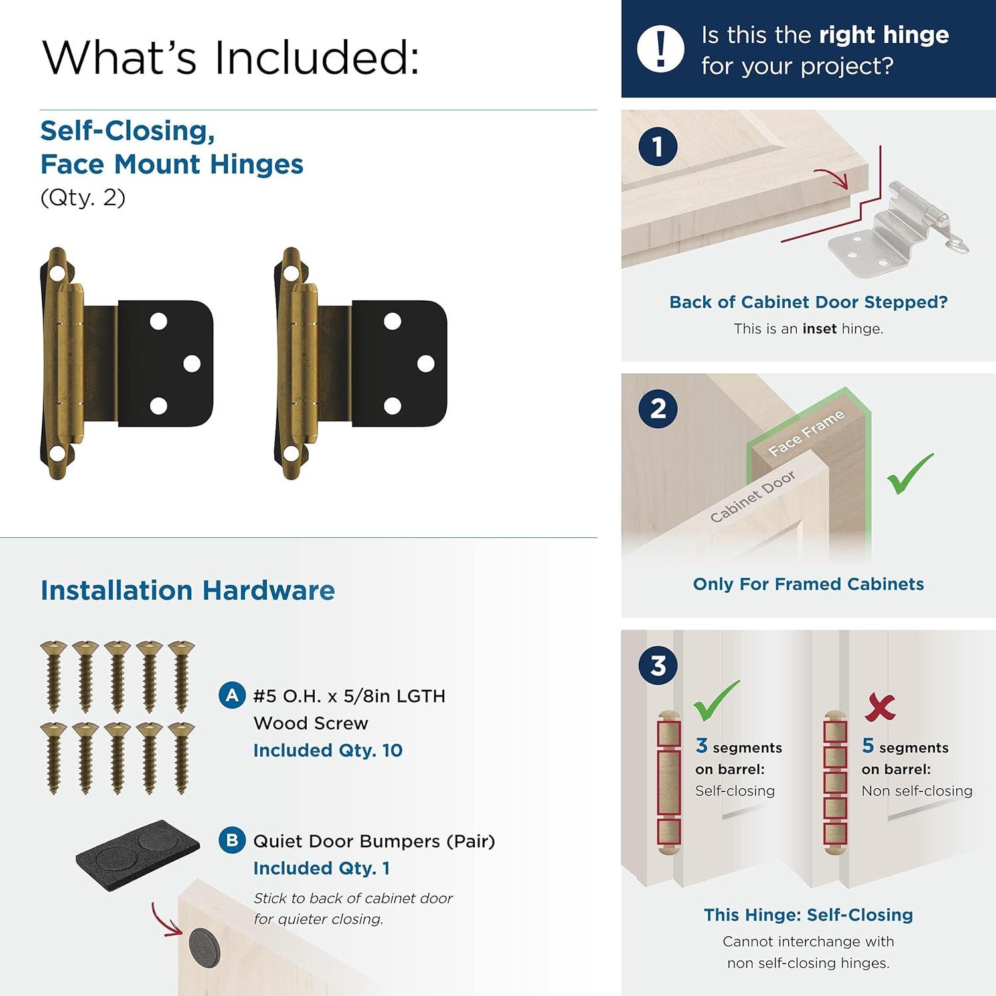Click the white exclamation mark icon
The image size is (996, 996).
pyautogui.click(x=660, y=48)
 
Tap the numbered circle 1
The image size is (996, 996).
pyautogui.click(x=658, y=147)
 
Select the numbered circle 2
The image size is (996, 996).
pyautogui.click(x=658, y=408)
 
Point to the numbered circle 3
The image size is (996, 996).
pyautogui.click(x=658, y=665)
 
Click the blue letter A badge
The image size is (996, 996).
pyautogui.click(x=232, y=695)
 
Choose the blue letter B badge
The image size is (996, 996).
pyautogui.click(x=232, y=840)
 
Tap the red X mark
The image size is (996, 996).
pyautogui.click(x=880, y=707)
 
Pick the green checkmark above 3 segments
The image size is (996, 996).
pyautogui.click(x=716, y=701)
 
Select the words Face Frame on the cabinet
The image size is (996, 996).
pyautogui.click(x=806, y=433)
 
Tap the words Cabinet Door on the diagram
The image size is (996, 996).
pyautogui.click(x=752, y=497)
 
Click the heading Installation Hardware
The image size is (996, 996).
pyautogui.click(x=188, y=590)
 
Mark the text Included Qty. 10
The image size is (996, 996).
pyautogui.click(x=328, y=750)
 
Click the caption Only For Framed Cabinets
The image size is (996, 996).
pyautogui.click(x=809, y=584)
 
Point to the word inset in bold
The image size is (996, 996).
pyautogui.click(x=819, y=329)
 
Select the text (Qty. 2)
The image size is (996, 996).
pyautogui.click(x=83, y=198)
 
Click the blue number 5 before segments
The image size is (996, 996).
pyautogui.click(x=868, y=746)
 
